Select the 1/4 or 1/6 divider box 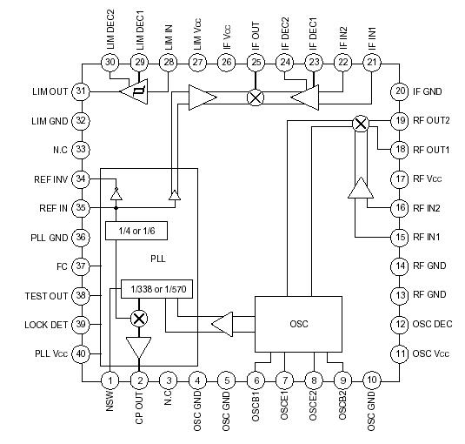(x=136, y=231)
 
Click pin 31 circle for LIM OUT (x=82, y=91)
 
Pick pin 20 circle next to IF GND (x=399, y=91)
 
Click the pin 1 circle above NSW (x=110, y=380)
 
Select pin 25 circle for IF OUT (x=256, y=62)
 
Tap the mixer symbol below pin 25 (x=256, y=97)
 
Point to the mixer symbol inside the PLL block (x=138, y=318)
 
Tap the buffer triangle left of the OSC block (x=223, y=325)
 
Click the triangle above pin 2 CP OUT (x=138, y=347)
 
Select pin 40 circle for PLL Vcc (x=82, y=353)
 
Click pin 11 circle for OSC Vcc (x=399, y=353)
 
